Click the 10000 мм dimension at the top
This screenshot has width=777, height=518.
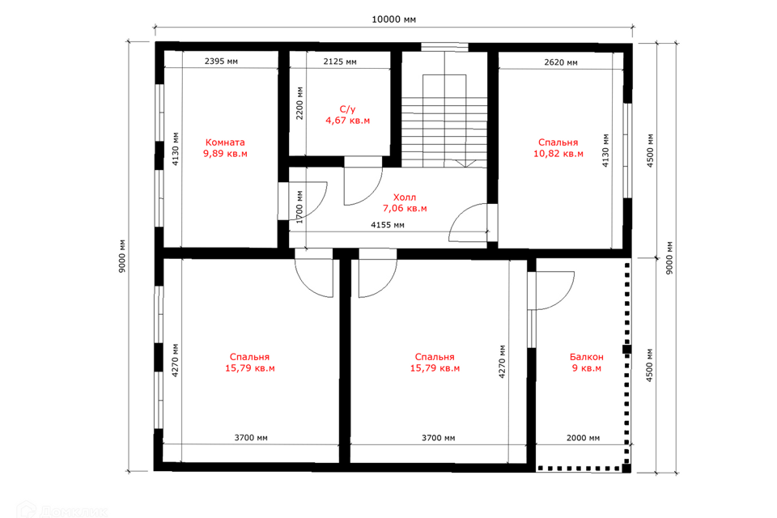[393, 19]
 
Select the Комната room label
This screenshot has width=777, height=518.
[225, 142]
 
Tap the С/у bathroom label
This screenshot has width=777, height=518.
[347, 109]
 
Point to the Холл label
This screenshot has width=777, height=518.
[405, 197]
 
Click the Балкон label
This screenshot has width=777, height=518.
[586, 357]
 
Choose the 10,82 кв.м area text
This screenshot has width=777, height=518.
[558, 154]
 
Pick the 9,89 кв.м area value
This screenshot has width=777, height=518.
[225, 154]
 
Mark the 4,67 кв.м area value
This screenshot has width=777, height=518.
[347, 121]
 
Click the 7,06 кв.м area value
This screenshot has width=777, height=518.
[405, 209]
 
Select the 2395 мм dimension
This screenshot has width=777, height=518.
[221, 62]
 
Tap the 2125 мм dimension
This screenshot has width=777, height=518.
[340, 62]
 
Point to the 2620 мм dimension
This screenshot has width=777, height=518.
[560, 62]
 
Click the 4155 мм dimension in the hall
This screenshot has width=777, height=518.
[388, 225]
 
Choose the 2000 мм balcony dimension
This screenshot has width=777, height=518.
[583, 438]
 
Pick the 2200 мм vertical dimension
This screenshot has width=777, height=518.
[299, 103]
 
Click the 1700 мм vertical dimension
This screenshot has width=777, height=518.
[299, 207]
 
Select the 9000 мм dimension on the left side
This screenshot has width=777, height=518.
[122, 257]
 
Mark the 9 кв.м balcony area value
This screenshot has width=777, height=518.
[586, 368]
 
